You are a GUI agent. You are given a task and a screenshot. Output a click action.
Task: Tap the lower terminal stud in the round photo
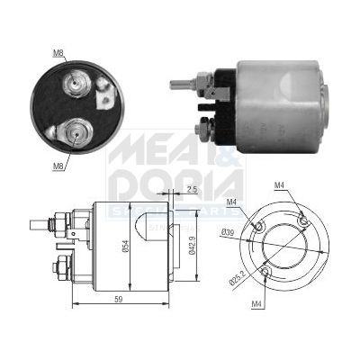pyautogui.click(x=76, y=134)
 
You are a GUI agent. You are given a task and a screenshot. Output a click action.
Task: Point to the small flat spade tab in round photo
pyautogui.click(x=103, y=86)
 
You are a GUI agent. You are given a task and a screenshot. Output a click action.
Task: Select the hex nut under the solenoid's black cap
pyautogui.click(x=204, y=130)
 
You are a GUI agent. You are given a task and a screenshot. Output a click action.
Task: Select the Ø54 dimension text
pyautogui.click(x=127, y=244)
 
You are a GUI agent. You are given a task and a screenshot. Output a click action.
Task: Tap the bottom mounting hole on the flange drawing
pyautogui.click(x=265, y=271)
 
